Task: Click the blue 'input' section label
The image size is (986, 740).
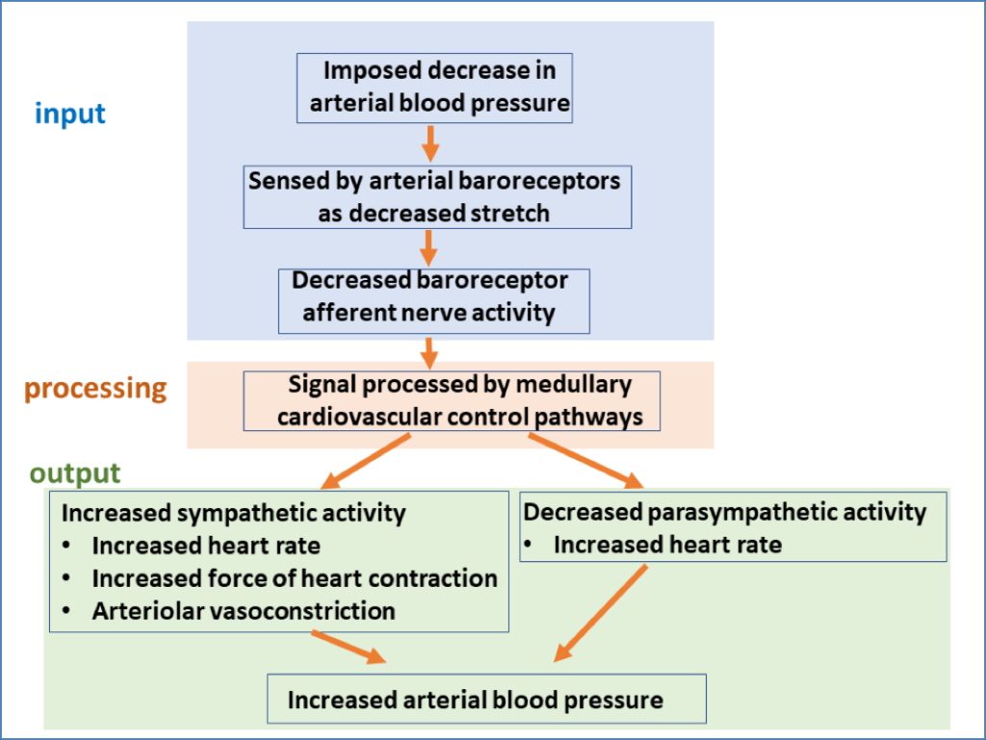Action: click(x=69, y=114)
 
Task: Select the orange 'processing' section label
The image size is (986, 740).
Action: click(x=95, y=389)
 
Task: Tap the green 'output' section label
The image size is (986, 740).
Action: click(x=75, y=473)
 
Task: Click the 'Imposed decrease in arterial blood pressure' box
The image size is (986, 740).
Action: click(x=434, y=88)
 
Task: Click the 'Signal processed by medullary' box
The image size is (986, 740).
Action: click(x=452, y=400)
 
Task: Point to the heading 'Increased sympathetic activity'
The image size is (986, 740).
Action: click(x=233, y=513)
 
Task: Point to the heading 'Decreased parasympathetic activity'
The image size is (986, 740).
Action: click(x=724, y=512)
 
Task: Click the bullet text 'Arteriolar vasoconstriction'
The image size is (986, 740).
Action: click(x=243, y=610)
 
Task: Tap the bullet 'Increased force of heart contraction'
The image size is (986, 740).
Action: click(x=294, y=577)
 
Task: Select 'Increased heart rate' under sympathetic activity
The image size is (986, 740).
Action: click(x=205, y=546)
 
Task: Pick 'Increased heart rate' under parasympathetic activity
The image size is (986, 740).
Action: click(x=666, y=545)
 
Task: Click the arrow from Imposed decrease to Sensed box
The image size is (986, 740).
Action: click(x=431, y=142)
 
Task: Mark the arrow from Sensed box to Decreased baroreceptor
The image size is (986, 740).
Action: click(x=429, y=247)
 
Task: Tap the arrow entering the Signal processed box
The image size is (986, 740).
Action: click(x=429, y=351)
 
